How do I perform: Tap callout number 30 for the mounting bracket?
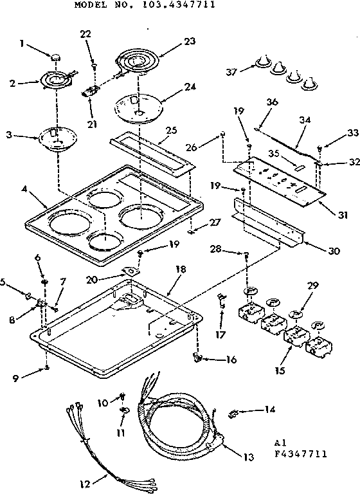[333, 250]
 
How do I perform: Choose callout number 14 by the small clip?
[268, 408]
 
